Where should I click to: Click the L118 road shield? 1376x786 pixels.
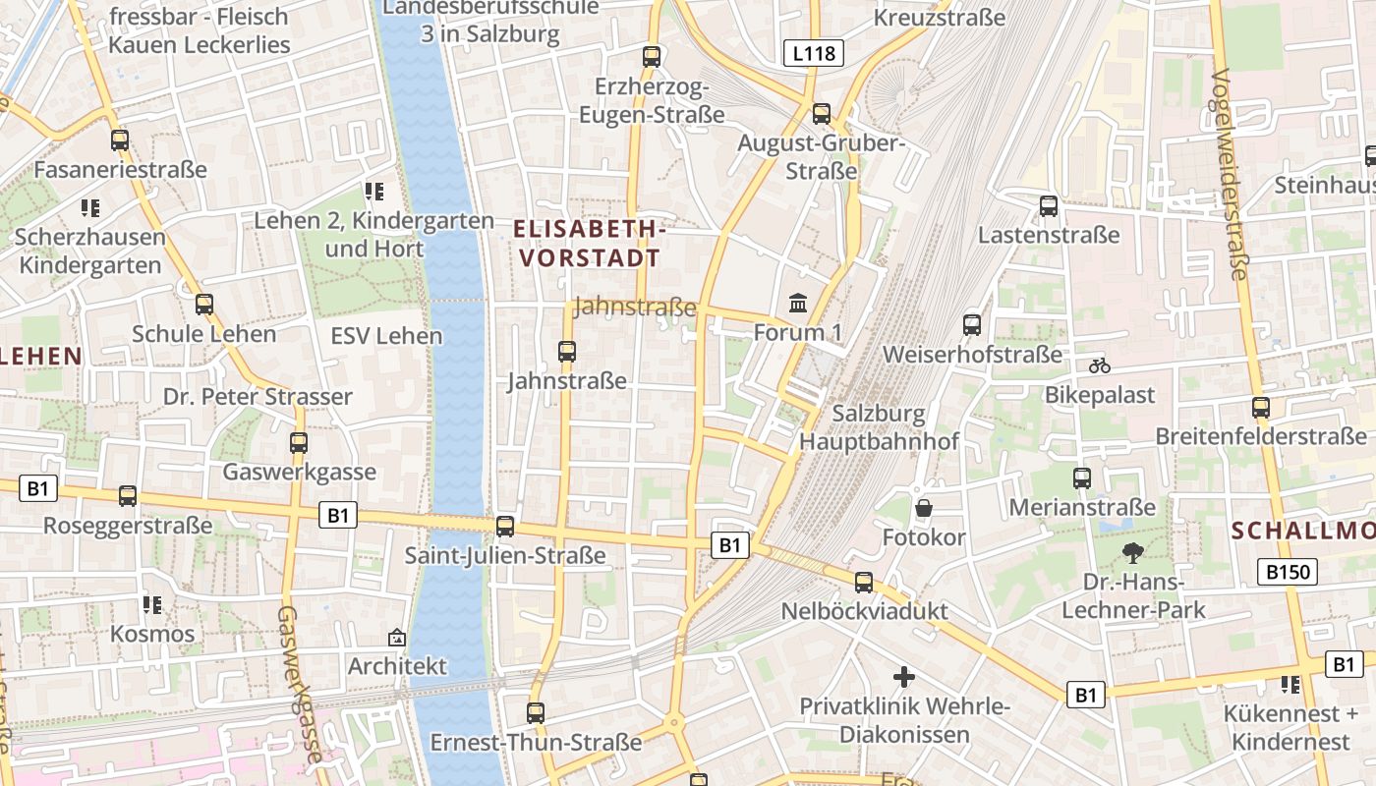pyautogui.click(x=815, y=53)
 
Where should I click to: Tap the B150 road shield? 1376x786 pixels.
pyautogui.click(x=1289, y=572)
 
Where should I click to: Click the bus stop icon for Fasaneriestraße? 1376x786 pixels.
pyautogui.click(x=120, y=140)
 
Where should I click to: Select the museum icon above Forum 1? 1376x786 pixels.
pyautogui.click(x=798, y=304)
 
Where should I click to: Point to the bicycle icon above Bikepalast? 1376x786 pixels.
pyautogui.click(x=1100, y=365)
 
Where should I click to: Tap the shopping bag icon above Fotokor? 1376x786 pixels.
pyautogui.click(x=924, y=508)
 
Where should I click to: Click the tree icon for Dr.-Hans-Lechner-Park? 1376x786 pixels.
pyautogui.click(x=1133, y=552)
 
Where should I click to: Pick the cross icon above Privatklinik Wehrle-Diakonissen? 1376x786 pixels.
pyautogui.click(x=904, y=677)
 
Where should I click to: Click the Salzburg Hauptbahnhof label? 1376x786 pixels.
pyautogui.click(x=879, y=427)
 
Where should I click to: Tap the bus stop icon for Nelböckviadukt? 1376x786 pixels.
pyautogui.click(x=864, y=583)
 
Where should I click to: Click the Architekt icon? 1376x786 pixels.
pyautogui.click(x=397, y=638)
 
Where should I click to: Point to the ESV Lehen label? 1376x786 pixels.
pyautogui.click(x=386, y=336)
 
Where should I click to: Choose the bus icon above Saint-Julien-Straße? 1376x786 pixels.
pyautogui.click(x=505, y=527)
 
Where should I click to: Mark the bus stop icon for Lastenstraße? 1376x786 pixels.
pyautogui.click(x=1049, y=206)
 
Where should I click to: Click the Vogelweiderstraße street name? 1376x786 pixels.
pyautogui.click(x=1229, y=175)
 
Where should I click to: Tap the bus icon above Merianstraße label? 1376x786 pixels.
pyautogui.click(x=1082, y=478)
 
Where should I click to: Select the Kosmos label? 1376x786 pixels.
pyautogui.click(x=152, y=634)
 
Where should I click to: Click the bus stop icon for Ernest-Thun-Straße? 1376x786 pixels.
pyautogui.click(x=536, y=713)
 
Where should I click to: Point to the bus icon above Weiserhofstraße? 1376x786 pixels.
pyautogui.click(x=972, y=324)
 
